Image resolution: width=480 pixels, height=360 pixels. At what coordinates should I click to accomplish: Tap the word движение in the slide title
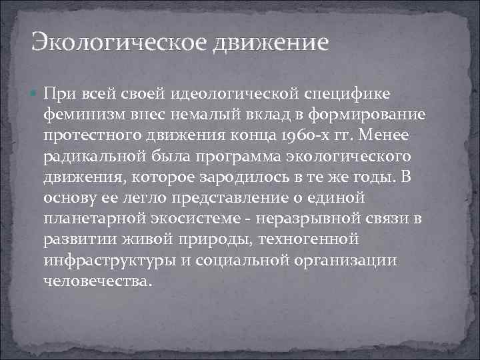(271, 43)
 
